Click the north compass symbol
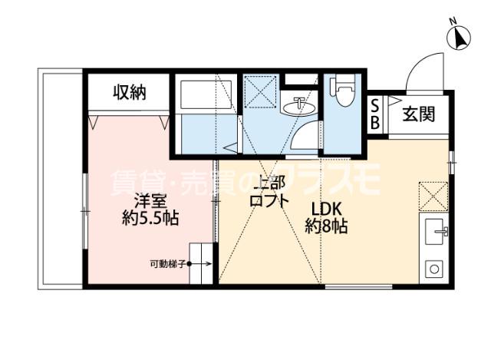coord(459,37)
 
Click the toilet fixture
coord(342,92)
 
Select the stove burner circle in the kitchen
coord(434,269)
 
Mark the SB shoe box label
coord(375,114)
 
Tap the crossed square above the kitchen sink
coord(434,195)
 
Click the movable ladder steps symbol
coord(202,263)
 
